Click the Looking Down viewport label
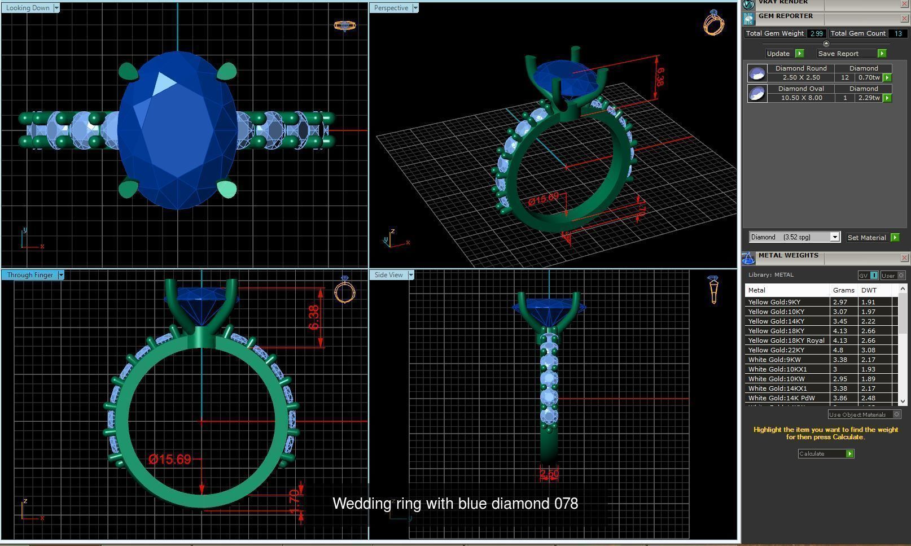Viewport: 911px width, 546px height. [28, 8]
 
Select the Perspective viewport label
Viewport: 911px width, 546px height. [391, 8]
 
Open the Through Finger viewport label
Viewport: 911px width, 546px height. [30, 275]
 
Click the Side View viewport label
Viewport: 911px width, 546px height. [388, 275]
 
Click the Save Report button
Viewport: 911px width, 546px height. [838, 54]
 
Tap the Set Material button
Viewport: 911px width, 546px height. [866, 238]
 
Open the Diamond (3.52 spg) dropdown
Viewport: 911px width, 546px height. [794, 237]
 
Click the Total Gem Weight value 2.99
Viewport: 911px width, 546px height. [816, 34]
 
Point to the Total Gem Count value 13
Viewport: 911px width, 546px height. [897, 34]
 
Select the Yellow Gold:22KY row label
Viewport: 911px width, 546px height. [776, 350]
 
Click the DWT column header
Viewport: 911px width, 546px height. [869, 290]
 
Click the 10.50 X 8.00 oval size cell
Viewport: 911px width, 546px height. [801, 98]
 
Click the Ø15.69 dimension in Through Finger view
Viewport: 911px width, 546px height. [170, 459]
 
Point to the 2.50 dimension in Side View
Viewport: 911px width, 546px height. [549, 474]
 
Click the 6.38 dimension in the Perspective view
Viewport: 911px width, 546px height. [659, 76]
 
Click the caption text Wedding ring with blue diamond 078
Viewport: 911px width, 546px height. [455, 504]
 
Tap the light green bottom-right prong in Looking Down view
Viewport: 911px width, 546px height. [227, 189]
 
